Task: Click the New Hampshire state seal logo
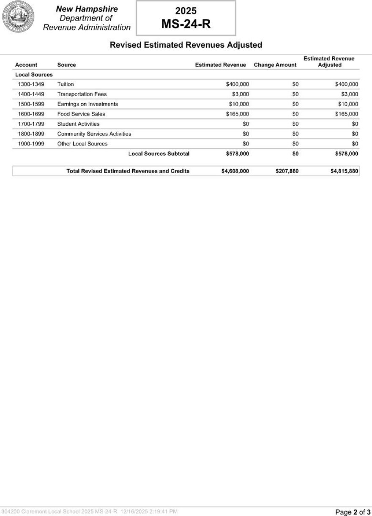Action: (18, 17)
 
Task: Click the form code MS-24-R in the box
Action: (186, 24)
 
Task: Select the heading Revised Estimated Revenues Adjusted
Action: (186, 45)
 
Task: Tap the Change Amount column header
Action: (275, 65)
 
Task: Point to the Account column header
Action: (26, 65)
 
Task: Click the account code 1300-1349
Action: (31, 84)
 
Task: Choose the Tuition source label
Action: (66, 84)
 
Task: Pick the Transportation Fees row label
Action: (82, 94)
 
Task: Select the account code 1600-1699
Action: (31, 114)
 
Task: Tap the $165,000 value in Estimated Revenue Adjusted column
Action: (347, 114)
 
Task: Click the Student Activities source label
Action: (79, 124)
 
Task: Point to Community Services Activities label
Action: (94, 134)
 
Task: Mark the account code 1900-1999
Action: (31, 144)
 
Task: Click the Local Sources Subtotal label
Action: (159, 154)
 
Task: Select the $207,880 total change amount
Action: (287, 171)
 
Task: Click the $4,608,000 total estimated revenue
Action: (235, 171)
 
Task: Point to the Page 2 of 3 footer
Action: (353, 512)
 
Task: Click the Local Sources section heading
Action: (34, 75)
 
